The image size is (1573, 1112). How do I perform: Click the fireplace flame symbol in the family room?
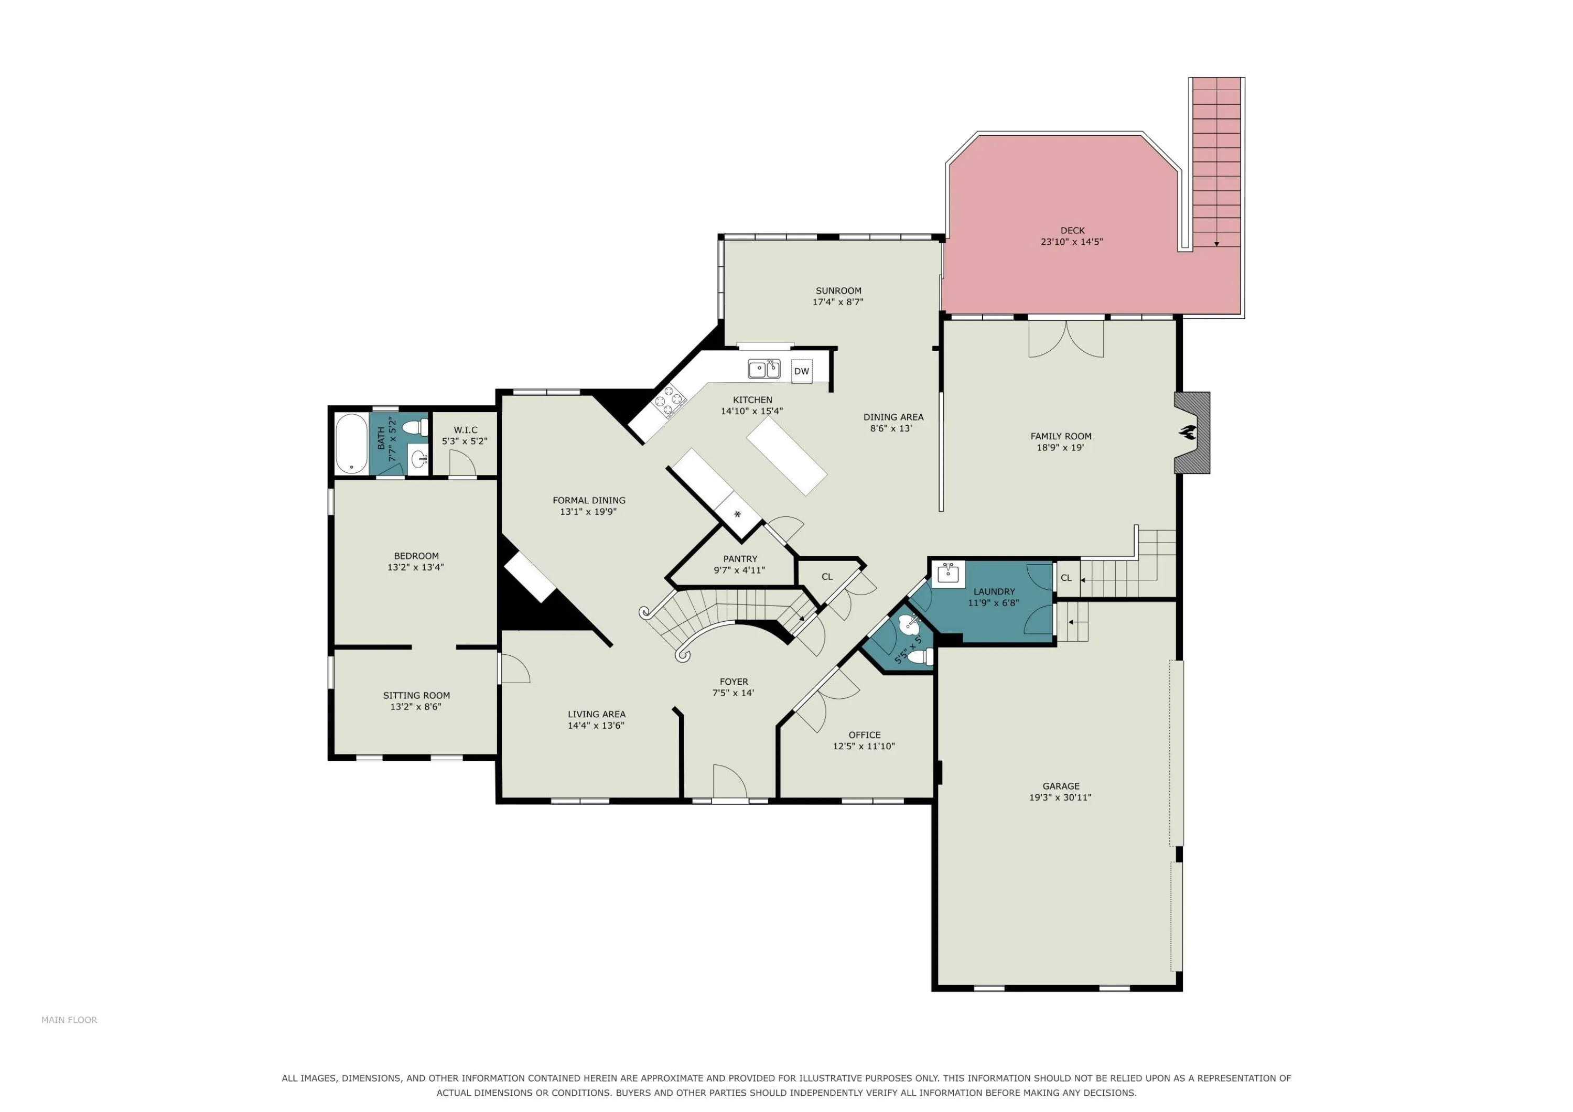(x=1187, y=433)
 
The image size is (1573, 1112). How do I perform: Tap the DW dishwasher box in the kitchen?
(x=802, y=371)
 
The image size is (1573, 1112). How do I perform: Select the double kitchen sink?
(x=764, y=369)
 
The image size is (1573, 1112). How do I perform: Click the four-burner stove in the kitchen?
(x=670, y=401)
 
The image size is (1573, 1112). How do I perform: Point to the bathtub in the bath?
(x=351, y=444)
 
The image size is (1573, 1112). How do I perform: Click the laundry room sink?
(x=947, y=574)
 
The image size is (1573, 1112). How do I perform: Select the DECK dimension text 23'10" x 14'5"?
(x=1072, y=242)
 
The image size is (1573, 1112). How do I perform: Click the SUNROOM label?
(x=838, y=290)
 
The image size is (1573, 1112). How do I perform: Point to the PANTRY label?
(x=740, y=559)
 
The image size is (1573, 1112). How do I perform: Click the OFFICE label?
(x=865, y=735)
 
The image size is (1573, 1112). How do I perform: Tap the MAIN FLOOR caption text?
(x=69, y=1020)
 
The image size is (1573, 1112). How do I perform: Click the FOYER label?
(x=734, y=682)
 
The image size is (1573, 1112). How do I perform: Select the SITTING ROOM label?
(x=416, y=695)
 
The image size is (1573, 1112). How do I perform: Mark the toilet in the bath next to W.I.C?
(x=414, y=427)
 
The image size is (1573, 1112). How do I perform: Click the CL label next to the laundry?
(x=1066, y=578)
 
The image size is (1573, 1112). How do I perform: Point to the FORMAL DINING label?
(x=589, y=500)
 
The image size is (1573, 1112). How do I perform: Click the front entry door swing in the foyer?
(x=730, y=781)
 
